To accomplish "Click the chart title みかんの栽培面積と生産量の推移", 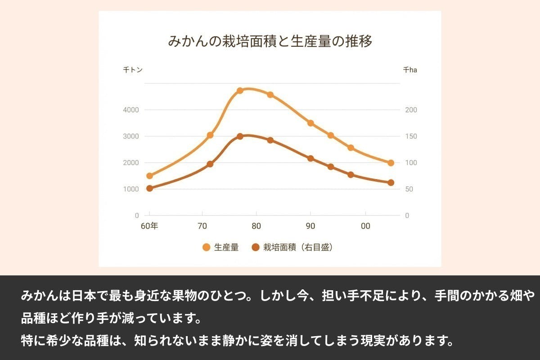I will [x=270, y=42].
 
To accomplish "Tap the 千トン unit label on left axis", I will [x=133, y=70].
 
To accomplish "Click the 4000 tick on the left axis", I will [x=131, y=110].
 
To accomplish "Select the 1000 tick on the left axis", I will [x=131, y=189].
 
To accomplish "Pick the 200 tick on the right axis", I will [x=411, y=110].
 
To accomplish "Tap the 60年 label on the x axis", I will [x=149, y=226].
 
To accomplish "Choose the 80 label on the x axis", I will [x=256, y=226].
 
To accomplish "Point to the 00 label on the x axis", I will [x=365, y=226].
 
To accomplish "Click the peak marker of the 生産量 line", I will [x=240, y=90].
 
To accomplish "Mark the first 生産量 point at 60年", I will [x=150, y=176].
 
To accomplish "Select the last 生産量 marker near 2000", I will [x=391, y=163].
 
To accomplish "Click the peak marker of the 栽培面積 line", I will [x=240, y=136].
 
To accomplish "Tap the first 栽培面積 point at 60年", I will [x=150, y=189].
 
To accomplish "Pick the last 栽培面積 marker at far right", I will [x=391, y=183].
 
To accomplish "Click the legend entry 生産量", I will [x=220, y=247].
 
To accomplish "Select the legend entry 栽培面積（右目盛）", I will [x=292, y=247].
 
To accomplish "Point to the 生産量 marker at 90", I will [x=310, y=123].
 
